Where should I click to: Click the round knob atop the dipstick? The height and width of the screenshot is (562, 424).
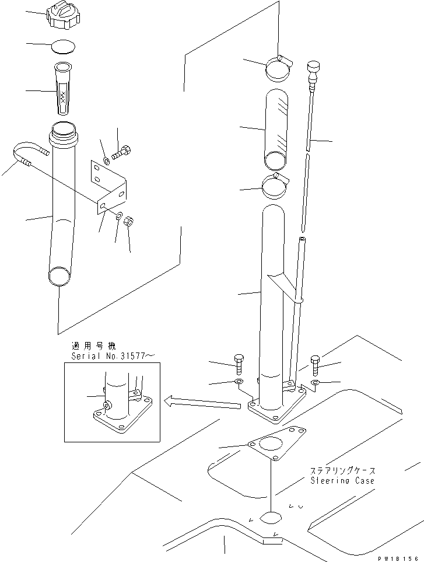coord(314,67)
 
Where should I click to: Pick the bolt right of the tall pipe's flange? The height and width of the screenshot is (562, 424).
coord(316,365)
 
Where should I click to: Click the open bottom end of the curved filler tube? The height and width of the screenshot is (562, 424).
coord(58,276)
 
